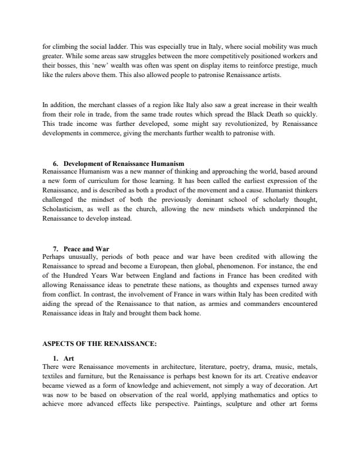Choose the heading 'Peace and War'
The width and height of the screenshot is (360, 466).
click(x=86, y=249)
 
